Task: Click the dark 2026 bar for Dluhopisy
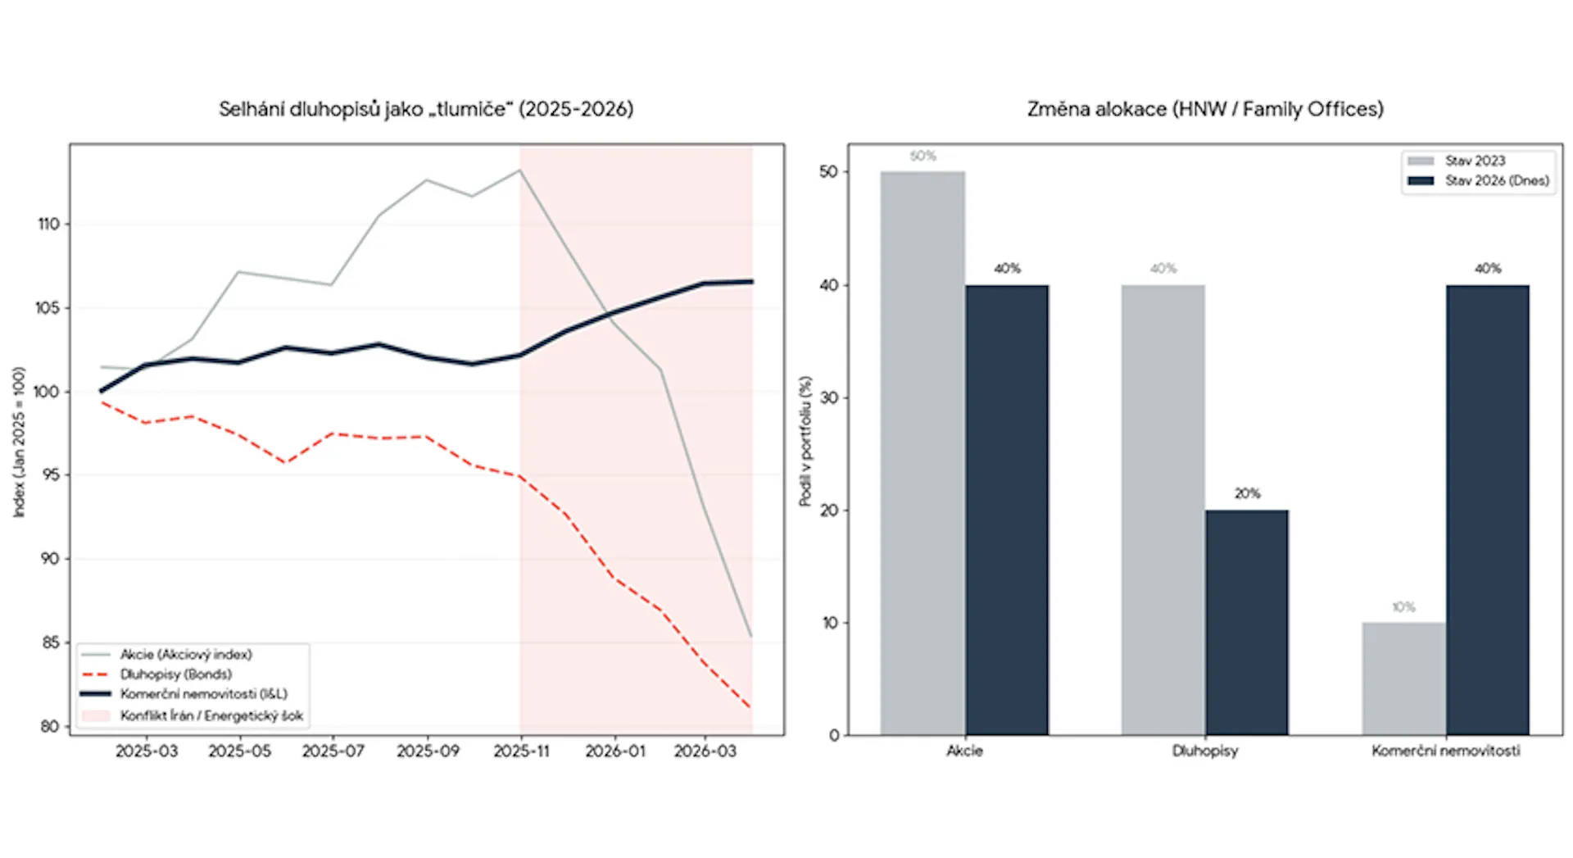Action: pos(1246,622)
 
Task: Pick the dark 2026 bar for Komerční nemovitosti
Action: pos(1487,509)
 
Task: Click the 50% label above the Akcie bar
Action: pos(922,156)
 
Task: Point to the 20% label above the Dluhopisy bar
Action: pos(1247,493)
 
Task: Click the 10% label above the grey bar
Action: pos(1403,607)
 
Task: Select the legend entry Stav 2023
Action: pos(1475,161)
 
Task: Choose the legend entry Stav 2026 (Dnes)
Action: pos(1497,180)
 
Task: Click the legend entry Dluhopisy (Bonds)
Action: pos(175,674)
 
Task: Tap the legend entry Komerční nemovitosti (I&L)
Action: pos(203,694)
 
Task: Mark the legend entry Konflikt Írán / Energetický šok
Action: pos(211,715)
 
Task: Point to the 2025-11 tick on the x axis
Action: pos(521,751)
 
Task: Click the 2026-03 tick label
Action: pos(705,751)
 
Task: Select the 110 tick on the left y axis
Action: pos(49,224)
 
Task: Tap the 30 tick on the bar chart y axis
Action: pos(829,398)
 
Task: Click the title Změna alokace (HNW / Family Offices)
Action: pos(1205,109)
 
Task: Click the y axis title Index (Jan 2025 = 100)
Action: pos(19,442)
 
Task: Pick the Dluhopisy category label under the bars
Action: pos(1205,751)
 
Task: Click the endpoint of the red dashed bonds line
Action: pos(750,707)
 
